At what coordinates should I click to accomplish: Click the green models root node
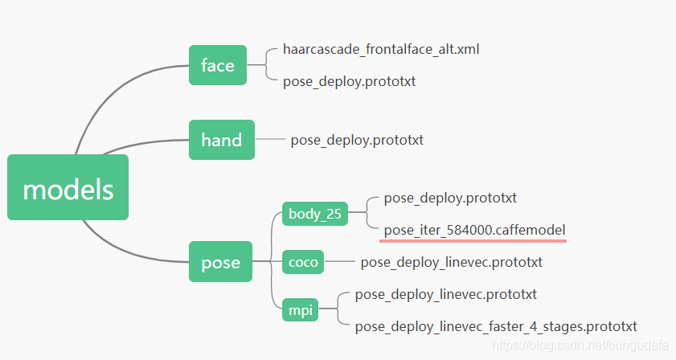68,187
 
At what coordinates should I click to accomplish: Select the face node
217,65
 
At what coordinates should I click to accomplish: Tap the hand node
221,140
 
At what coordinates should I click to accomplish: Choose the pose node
220,262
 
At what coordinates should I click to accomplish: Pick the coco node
303,262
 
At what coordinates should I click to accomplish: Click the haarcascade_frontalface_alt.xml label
381,49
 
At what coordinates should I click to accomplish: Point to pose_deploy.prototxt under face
349,81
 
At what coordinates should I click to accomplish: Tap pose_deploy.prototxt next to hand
357,140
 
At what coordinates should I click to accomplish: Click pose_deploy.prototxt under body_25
450,197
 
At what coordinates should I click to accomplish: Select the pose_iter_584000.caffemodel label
474,230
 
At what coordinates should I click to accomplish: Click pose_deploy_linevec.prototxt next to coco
451,262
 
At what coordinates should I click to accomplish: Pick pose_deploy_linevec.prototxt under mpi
445,294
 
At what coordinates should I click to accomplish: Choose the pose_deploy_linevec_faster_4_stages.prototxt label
495,326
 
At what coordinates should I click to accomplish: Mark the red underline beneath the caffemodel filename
474,239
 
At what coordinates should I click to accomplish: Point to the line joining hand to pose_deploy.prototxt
272,140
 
